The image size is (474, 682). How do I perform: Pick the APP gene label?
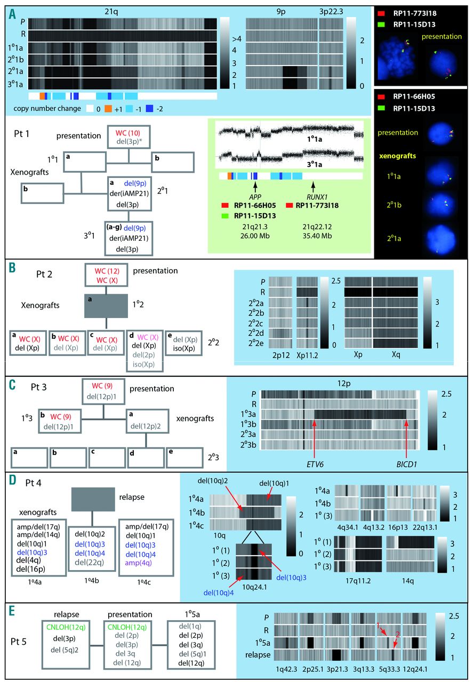(255, 194)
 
